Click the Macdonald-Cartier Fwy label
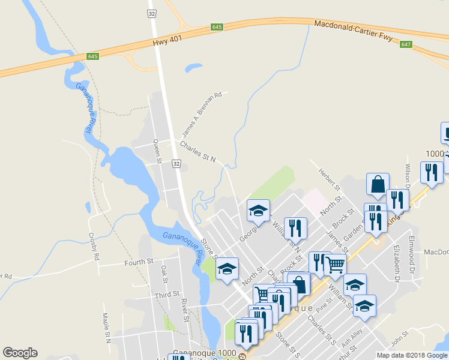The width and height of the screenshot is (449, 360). point(353,32)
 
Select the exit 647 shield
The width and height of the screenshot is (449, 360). point(406,44)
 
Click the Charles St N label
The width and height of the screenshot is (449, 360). point(197,152)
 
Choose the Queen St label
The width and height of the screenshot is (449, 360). point(157,151)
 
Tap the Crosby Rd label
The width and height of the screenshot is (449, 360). point(94,246)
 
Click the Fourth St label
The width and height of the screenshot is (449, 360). point(139,262)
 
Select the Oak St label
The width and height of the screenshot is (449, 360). point(163,276)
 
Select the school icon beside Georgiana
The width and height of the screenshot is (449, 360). point(259,211)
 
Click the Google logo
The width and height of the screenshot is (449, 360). point(20,353)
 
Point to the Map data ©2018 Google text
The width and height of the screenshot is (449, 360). point(412,355)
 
